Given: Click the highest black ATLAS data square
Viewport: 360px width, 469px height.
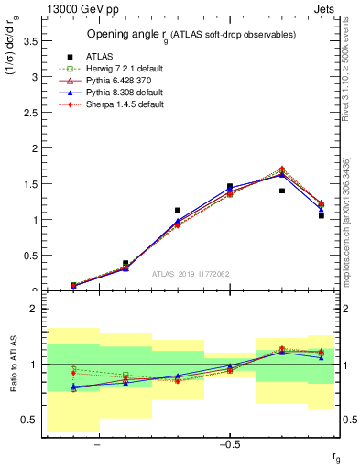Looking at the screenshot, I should [230, 187].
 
